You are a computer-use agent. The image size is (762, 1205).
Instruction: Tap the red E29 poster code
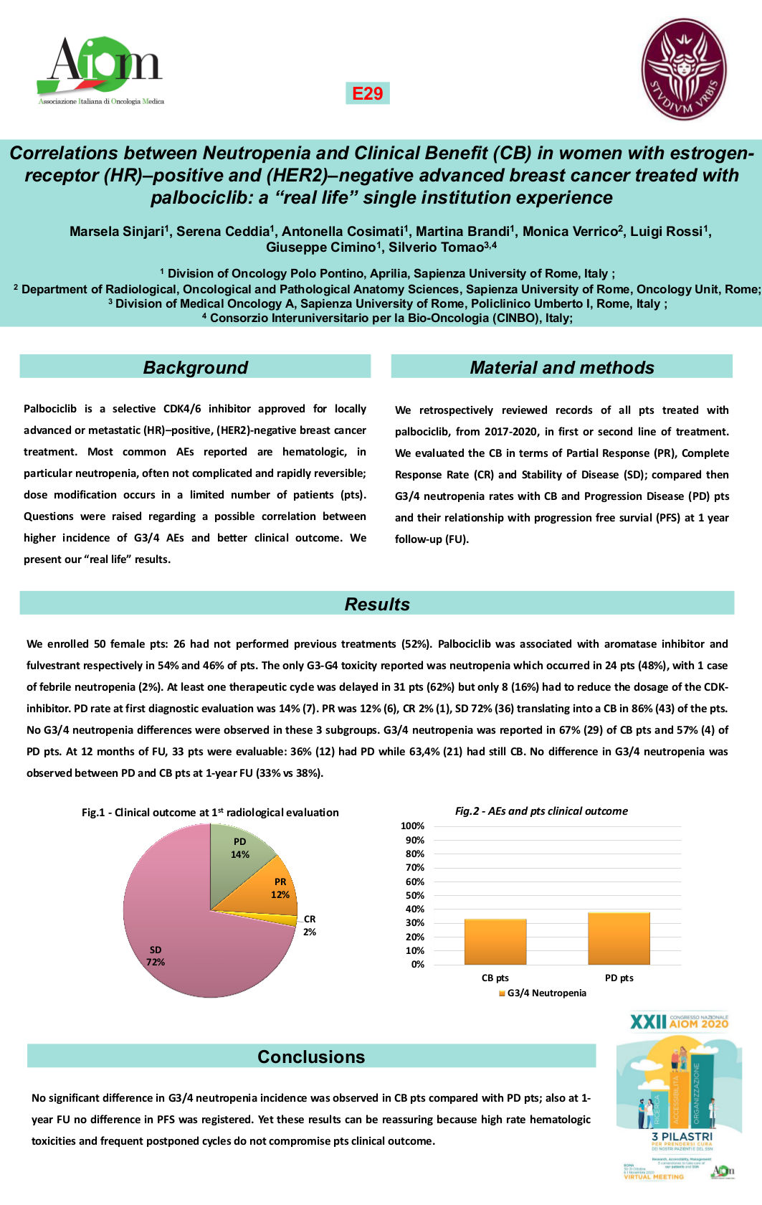tap(367, 93)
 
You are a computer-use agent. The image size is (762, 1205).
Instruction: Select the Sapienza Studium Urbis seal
tap(683, 69)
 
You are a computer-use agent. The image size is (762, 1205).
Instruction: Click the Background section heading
tap(195, 367)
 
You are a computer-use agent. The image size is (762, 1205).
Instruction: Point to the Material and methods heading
tap(561, 367)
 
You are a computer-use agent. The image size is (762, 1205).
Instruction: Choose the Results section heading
tap(377, 604)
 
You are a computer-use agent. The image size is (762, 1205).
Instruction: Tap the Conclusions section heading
tap(311, 1057)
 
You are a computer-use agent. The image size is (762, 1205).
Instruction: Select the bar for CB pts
tap(495, 942)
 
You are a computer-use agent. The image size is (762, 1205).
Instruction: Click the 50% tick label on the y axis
tap(414, 895)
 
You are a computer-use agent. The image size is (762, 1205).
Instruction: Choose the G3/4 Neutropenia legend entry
tap(543, 993)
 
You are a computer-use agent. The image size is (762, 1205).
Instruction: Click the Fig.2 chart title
tap(541, 811)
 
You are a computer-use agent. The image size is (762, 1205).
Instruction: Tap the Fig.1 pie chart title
tap(210, 813)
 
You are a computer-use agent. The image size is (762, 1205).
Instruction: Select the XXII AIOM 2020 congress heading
tap(678, 1021)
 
